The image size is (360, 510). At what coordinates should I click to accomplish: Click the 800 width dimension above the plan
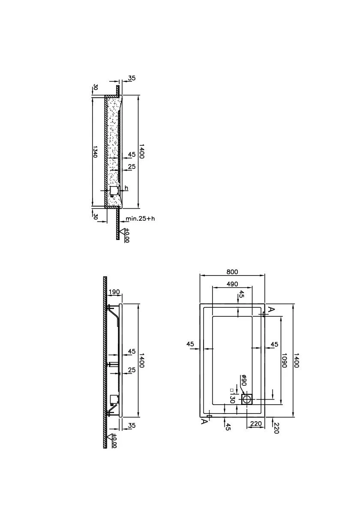(232, 272)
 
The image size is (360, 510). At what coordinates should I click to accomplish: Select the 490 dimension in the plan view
(232, 284)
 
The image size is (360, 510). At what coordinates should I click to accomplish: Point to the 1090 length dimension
(284, 360)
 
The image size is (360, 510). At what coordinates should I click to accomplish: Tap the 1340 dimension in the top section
(95, 152)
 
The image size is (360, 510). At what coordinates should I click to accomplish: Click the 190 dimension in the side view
(114, 292)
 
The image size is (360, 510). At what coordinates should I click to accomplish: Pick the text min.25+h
(141, 218)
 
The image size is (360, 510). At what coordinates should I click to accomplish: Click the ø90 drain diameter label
(243, 380)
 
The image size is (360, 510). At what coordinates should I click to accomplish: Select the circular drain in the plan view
(247, 399)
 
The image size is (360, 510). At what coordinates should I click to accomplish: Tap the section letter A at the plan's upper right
(272, 309)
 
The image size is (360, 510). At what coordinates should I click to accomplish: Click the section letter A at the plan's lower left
(204, 422)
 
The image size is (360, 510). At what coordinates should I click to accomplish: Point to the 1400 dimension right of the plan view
(296, 360)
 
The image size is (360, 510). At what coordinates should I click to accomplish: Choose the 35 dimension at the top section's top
(132, 78)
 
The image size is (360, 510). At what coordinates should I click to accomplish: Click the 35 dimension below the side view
(132, 426)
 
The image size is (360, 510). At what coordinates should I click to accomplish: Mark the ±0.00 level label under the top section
(127, 235)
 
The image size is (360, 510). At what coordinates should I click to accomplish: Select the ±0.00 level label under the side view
(114, 441)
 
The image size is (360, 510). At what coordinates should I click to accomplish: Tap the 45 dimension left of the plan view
(190, 344)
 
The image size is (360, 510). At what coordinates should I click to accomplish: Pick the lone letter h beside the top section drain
(126, 188)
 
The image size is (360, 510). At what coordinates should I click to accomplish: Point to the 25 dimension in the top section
(132, 167)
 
